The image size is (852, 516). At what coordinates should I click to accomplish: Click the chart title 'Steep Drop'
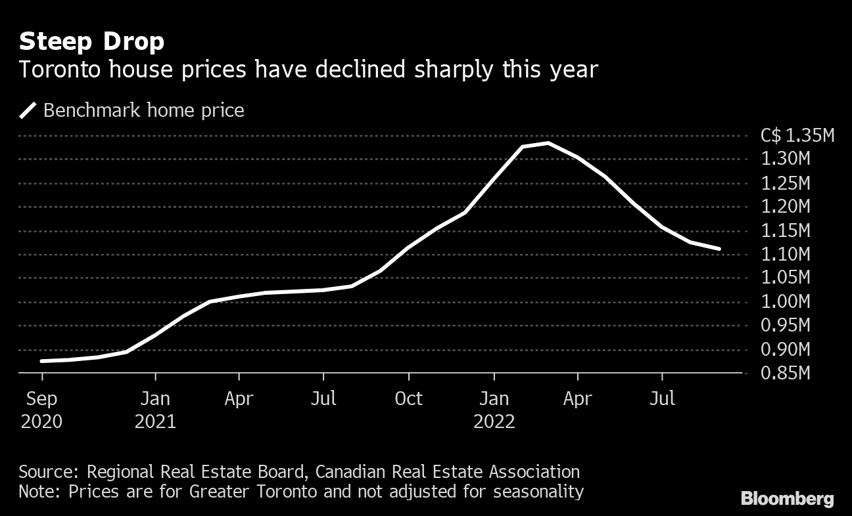(91, 42)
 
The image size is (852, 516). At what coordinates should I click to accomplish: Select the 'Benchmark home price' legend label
(143, 110)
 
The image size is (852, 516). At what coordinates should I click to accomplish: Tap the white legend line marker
(28, 110)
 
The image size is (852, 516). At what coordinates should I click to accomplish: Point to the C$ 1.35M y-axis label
(797, 136)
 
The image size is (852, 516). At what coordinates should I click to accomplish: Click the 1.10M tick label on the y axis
(786, 254)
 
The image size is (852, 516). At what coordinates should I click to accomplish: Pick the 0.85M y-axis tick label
(786, 373)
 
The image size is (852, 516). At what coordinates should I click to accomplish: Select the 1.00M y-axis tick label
(786, 302)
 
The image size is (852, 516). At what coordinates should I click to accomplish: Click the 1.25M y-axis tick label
(786, 183)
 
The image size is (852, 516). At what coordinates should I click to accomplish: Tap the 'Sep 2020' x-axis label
(42, 410)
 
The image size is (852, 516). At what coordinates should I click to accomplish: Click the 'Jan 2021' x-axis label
(155, 410)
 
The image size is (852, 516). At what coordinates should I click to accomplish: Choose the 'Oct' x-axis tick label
(409, 398)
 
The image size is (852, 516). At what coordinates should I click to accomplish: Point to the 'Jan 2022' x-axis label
(494, 410)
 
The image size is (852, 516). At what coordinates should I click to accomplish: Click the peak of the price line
(548, 142)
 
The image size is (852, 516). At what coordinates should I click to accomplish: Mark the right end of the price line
(720, 249)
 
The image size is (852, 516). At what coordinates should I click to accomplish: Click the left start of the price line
(42, 361)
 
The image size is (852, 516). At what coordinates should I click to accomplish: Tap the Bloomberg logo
(787, 499)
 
